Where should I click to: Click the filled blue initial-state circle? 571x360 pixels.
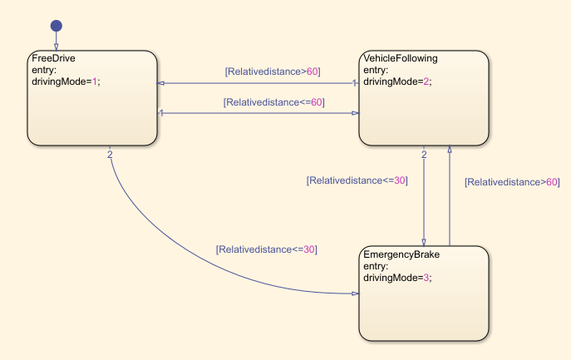pos(56,26)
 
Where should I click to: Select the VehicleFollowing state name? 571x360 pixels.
pos(400,59)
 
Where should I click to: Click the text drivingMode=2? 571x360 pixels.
pos(398,81)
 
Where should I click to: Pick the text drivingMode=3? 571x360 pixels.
pos(398,277)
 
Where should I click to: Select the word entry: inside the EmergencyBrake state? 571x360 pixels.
pos(376,266)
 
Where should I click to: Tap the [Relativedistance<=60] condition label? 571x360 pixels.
pos(273,102)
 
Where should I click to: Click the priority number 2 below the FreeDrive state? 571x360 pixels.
pos(110,153)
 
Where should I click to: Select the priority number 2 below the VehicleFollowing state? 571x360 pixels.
pos(424,154)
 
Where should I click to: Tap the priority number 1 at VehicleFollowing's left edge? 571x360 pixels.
pos(355,82)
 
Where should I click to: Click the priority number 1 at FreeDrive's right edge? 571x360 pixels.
pos(161,112)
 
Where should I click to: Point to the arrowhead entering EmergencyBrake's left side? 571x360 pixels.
pos(354,293)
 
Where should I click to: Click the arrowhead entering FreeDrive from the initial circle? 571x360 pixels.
pos(56,47)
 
